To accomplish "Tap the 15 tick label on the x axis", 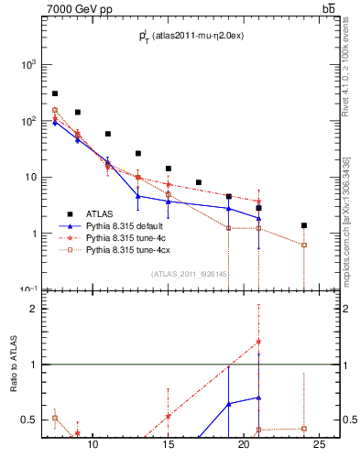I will tap(168, 446).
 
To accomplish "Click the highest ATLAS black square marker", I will tap(55, 93).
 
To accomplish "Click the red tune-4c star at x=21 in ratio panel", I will tap(258, 342).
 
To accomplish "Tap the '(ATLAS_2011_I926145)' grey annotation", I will tap(190, 274).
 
